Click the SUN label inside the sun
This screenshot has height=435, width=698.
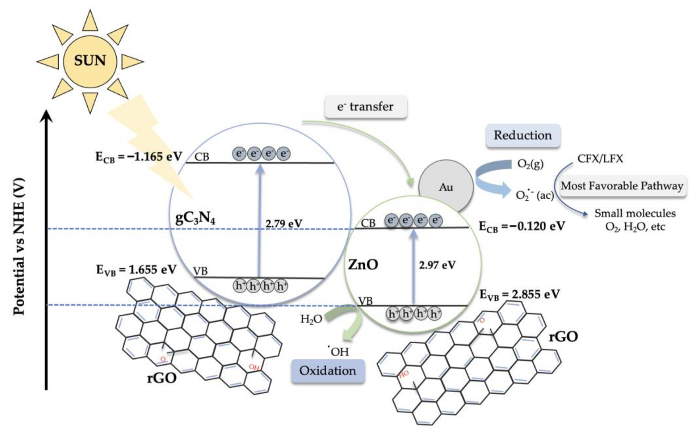pos(90,60)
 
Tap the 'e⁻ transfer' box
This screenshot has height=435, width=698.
pos(365,107)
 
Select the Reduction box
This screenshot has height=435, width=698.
pos(523,135)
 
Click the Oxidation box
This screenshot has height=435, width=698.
pos(328,371)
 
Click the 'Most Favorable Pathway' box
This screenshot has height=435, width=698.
pos(622,186)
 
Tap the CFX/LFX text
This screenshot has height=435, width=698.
pos(600,159)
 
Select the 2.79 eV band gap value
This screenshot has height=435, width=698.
pos(284,224)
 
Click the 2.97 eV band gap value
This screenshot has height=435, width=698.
pos(437,265)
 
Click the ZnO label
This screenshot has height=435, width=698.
pos(363,264)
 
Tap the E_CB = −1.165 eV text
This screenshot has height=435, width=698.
pos(139,157)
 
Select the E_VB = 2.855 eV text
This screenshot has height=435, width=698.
pos(520,295)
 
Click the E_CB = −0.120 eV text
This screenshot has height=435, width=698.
pos(522,227)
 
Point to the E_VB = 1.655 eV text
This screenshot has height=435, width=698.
pos(136,270)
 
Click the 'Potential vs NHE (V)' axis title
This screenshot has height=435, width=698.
pos(19,246)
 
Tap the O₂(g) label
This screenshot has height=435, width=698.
pos(530,164)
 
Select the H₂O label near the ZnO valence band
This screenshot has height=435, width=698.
pos(311,319)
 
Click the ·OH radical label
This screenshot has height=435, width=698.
pos(338,351)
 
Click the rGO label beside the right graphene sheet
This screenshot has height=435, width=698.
pos(563,337)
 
